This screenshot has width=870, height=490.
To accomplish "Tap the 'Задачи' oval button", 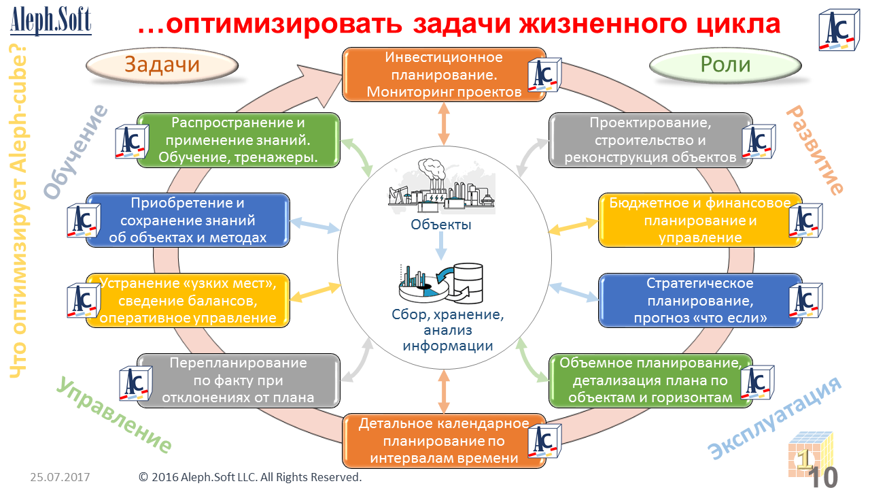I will pos(162,65).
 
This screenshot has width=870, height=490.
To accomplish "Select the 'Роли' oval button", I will pos(725,65).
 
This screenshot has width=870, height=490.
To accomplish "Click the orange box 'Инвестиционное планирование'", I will pos(443,74).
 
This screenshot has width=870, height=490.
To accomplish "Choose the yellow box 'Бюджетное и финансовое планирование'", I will pos(700,220).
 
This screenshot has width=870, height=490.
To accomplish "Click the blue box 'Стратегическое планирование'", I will pos(700,300).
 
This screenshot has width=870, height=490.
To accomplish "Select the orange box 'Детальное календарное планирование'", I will pos(443,441).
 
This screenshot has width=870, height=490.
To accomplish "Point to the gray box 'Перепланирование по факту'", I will pos(238,380).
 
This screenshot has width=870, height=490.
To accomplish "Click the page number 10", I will pos(824,477).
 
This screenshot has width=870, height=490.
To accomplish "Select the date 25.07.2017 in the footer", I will pos(60,477).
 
